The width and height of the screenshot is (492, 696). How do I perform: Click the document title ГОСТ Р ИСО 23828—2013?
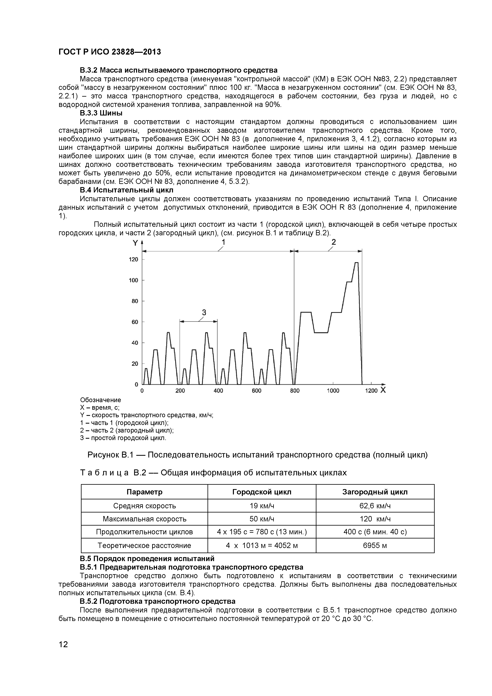[110, 52]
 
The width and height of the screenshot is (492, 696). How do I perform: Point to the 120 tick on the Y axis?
[134, 260]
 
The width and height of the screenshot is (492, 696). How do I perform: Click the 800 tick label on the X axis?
[295, 391]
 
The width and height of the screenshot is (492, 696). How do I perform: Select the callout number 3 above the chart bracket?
[204, 312]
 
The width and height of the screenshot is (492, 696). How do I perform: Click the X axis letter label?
[383, 390]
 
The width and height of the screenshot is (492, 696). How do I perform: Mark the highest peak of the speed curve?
[357, 263]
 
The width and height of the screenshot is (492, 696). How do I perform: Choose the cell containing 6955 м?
[375, 546]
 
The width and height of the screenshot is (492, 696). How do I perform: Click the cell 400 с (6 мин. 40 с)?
[375, 532]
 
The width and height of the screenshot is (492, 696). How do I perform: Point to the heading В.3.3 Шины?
[101, 113]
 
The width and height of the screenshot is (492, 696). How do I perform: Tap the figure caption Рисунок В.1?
[257, 455]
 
